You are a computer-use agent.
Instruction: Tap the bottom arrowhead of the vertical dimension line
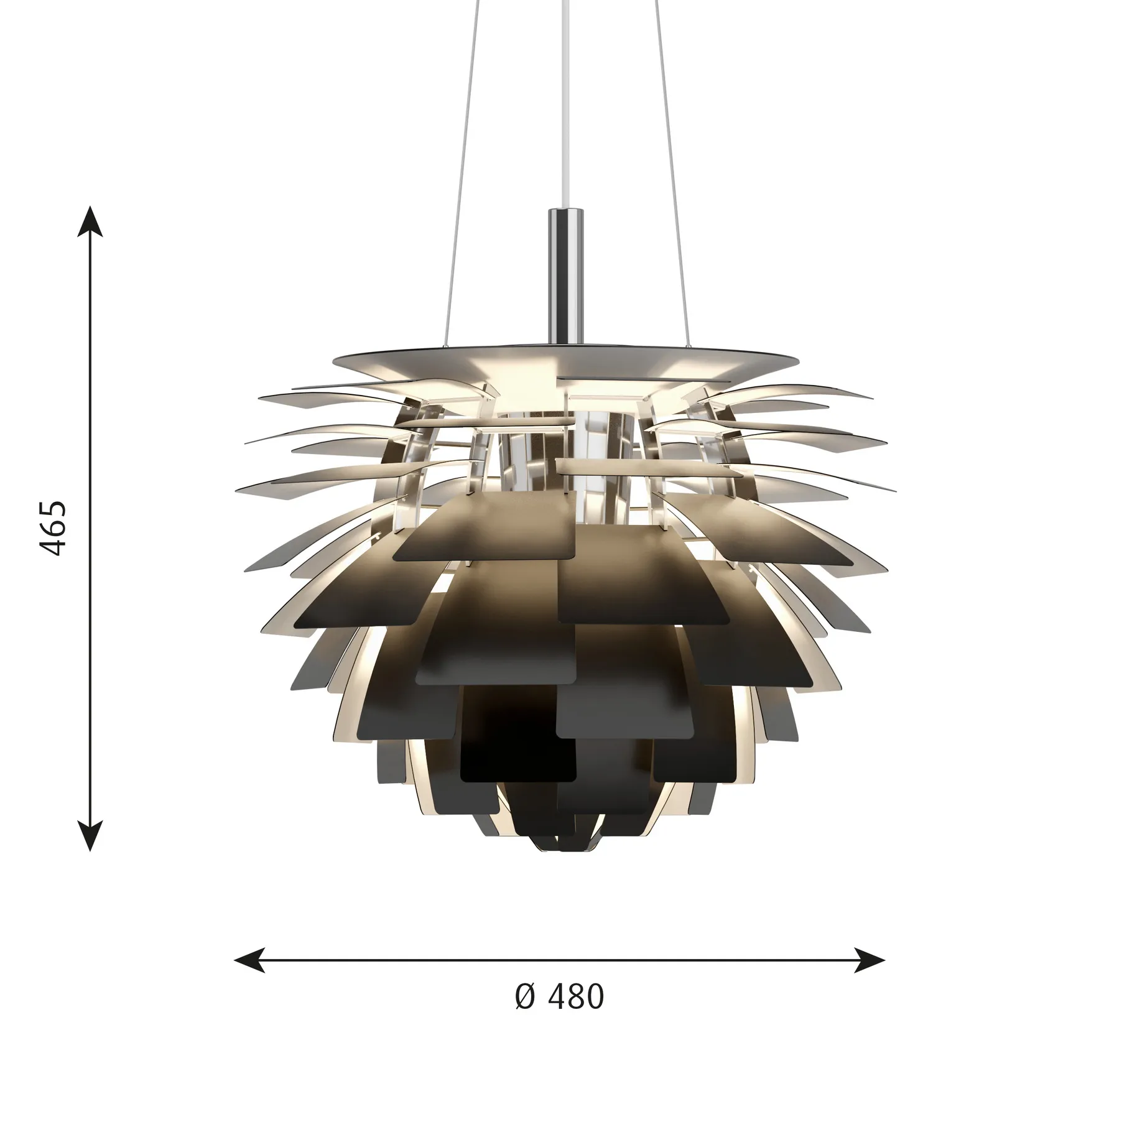[91, 835]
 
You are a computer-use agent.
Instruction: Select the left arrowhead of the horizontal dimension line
[248, 960]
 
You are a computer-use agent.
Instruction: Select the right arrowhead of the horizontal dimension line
[871, 960]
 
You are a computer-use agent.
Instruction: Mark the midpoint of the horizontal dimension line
[560, 960]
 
